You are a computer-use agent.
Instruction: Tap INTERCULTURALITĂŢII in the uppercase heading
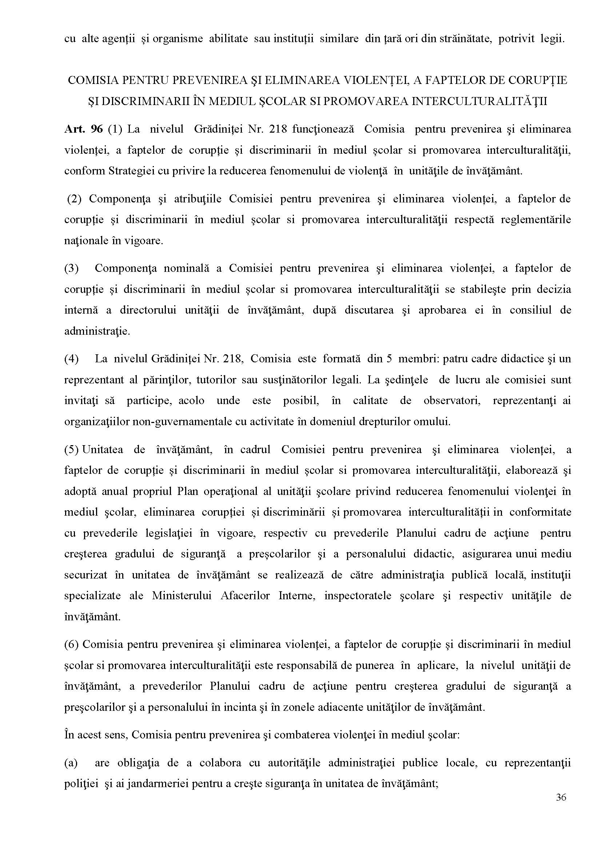479,101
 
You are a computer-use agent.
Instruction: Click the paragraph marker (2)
74,199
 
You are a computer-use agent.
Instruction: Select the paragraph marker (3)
72,268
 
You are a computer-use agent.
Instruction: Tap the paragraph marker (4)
72,359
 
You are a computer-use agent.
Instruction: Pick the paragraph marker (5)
72,450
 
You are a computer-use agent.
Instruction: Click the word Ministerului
182,596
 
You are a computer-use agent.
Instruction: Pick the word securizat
85,575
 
